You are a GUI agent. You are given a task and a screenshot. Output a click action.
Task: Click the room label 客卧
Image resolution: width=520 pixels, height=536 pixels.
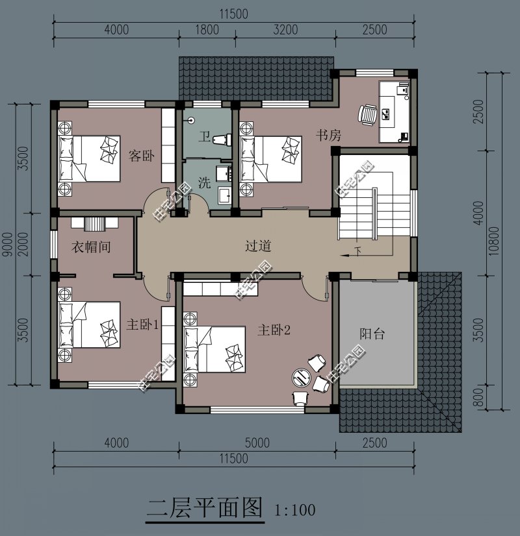click(x=141, y=156)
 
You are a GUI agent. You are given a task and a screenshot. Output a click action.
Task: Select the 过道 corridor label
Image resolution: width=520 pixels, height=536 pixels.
click(x=258, y=246)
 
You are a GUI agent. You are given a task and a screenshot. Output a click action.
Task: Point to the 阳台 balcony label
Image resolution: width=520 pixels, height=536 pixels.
click(x=372, y=334)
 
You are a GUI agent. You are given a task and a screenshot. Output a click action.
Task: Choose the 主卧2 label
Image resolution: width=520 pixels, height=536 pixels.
click(x=273, y=330)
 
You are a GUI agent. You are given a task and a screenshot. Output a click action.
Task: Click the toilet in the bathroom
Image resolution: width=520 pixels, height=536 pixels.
click(x=223, y=138)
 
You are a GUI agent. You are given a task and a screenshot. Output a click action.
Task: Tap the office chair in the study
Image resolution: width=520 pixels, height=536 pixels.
click(x=367, y=114)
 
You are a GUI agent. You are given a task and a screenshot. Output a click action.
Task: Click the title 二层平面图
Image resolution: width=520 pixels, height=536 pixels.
click(x=204, y=507)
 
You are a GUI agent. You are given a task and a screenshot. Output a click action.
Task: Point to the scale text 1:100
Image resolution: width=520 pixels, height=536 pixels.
click(x=295, y=509)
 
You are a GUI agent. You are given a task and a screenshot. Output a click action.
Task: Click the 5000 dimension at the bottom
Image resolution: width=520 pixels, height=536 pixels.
click(x=257, y=443)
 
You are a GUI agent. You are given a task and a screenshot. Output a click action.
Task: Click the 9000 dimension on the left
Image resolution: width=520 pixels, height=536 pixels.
click(x=7, y=245)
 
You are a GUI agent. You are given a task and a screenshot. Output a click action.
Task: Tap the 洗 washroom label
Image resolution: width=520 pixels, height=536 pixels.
click(x=204, y=183)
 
